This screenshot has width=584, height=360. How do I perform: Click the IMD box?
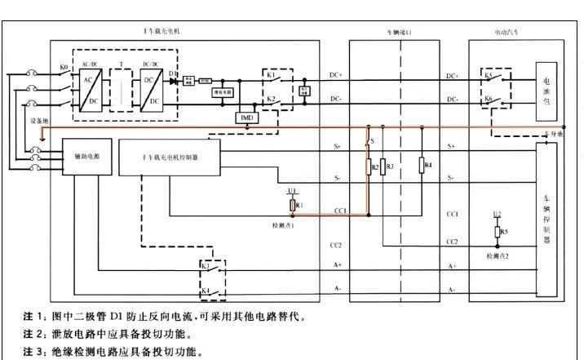pos(246,118)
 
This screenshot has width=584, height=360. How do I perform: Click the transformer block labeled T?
pos(120,87)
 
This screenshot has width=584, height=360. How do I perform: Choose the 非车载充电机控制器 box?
pos(170,155)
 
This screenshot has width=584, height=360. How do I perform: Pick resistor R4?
pos(422,166)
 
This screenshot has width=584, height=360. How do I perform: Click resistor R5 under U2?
pos(497,233)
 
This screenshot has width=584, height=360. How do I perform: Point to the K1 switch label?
pos(270,73)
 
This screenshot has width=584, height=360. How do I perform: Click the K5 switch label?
pos(488,75)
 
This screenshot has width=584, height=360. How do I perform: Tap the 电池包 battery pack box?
pos(546,87)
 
